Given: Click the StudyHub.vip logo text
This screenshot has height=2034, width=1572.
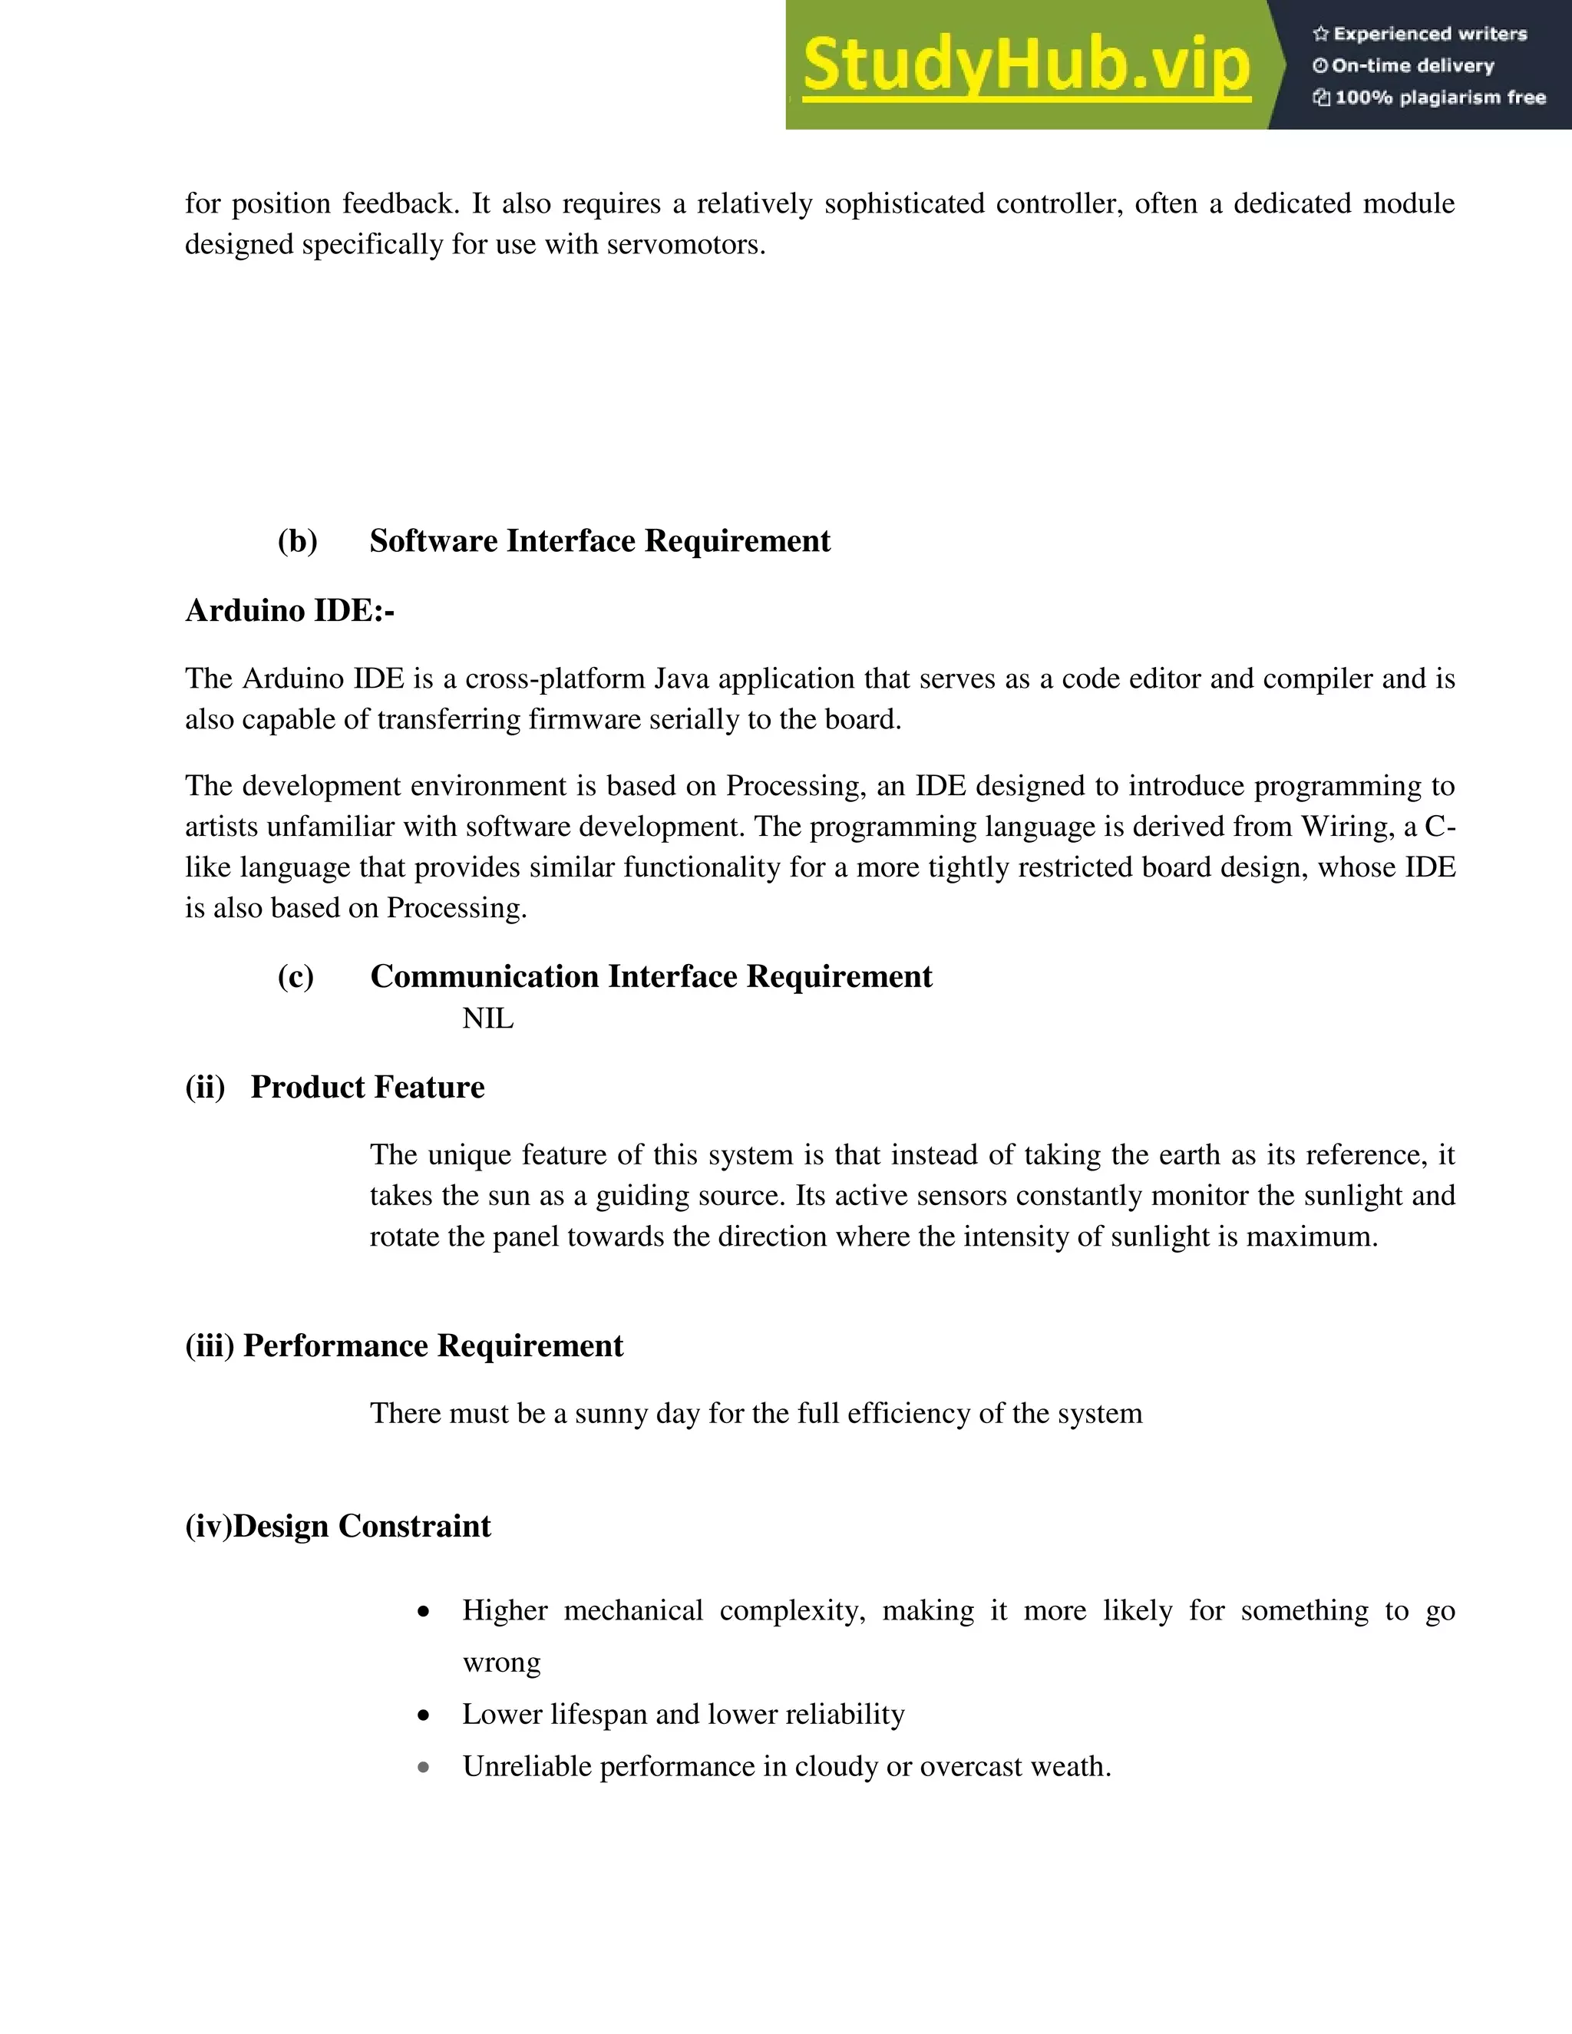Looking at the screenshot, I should (x=1025, y=65).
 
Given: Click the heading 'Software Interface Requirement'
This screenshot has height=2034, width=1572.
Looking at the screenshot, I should (x=599, y=541).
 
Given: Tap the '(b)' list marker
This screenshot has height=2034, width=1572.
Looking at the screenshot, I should (x=297, y=541).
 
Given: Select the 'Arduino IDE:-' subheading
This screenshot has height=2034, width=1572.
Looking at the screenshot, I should (x=289, y=611).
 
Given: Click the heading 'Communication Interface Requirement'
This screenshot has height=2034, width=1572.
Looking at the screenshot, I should (x=651, y=976).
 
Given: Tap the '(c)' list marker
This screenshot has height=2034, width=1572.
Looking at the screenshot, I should (x=296, y=976).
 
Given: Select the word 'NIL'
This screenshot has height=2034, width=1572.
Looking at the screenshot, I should (x=488, y=1019).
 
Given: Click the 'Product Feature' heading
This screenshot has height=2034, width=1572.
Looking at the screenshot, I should (x=367, y=1088).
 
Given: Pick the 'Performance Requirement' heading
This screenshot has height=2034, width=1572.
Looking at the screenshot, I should (x=433, y=1346).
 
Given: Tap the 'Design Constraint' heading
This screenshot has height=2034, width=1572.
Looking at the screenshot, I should (x=362, y=1527).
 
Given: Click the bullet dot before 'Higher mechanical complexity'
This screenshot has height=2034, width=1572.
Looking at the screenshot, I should (x=424, y=1612).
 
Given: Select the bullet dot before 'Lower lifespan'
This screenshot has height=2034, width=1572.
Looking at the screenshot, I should (x=424, y=1715).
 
